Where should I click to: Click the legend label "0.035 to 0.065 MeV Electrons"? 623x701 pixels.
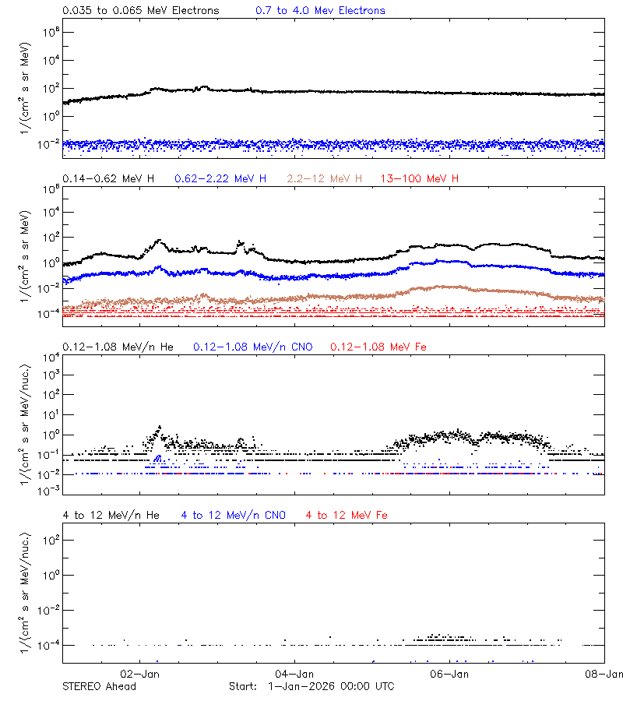(x=141, y=11)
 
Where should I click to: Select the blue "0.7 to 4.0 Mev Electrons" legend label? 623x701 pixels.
(x=320, y=11)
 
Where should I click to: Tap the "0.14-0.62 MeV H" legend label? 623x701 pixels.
(x=108, y=179)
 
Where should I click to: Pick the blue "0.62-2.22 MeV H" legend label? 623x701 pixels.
(x=220, y=179)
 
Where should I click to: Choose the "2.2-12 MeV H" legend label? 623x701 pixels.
(x=325, y=179)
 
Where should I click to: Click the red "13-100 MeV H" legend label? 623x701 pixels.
(x=420, y=179)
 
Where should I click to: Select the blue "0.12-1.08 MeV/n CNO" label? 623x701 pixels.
(x=253, y=347)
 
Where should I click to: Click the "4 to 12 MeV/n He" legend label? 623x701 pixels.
(x=111, y=515)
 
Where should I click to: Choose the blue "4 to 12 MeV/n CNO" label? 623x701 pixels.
(x=234, y=515)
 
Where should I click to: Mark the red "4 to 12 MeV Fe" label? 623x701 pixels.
(x=347, y=515)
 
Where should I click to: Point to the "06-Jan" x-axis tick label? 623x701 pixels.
(x=449, y=674)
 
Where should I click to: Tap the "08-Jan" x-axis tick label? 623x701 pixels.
(x=604, y=674)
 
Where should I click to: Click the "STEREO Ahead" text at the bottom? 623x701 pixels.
(x=99, y=686)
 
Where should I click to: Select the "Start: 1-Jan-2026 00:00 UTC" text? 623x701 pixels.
(x=311, y=686)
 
